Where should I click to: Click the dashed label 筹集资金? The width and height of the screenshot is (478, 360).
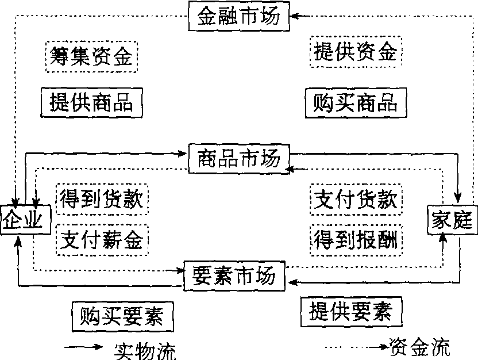click(x=91, y=56)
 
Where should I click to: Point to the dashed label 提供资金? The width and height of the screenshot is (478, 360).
click(x=354, y=52)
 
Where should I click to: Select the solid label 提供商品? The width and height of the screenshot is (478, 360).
click(x=91, y=102)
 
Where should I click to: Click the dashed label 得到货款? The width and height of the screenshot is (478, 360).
click(x=102, y=199)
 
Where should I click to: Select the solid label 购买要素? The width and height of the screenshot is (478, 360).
click(x=122, y=315)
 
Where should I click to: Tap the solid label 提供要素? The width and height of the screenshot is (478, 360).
click(x=350, y=311)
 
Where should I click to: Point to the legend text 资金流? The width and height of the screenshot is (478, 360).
click(x=419, y=347)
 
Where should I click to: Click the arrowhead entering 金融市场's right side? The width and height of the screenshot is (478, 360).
click(x=291, y=16)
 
